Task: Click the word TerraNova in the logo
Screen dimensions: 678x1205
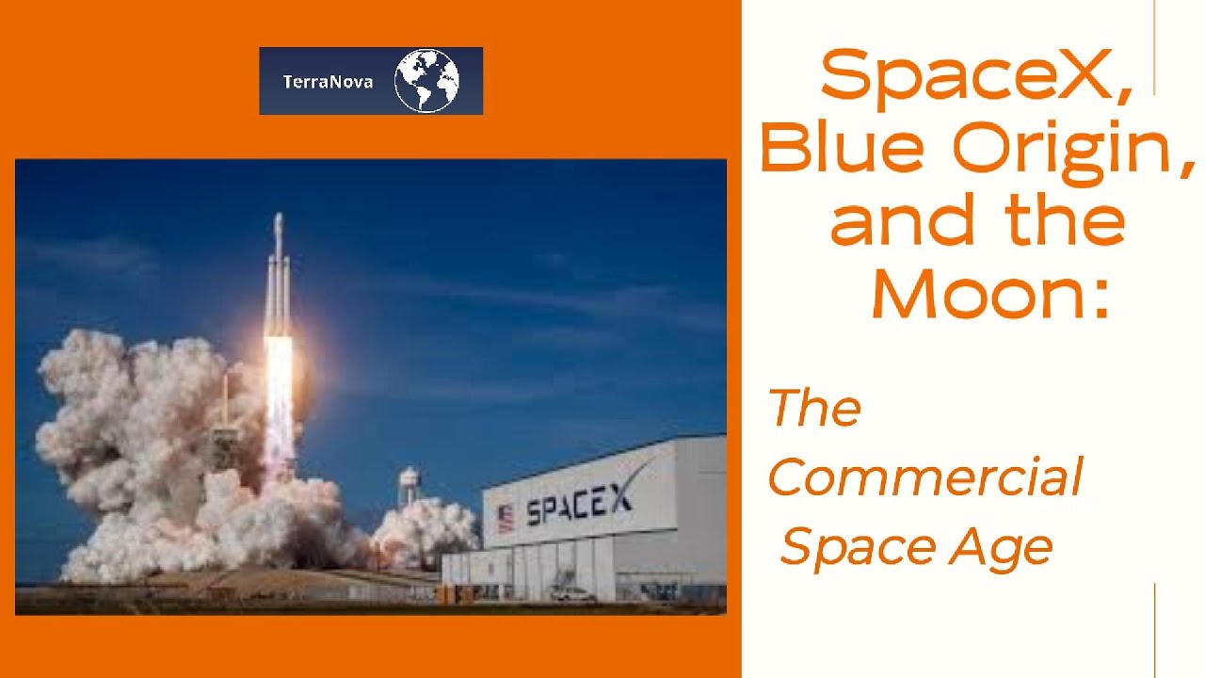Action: coord(328,82)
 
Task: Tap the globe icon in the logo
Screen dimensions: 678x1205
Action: coord(426,81)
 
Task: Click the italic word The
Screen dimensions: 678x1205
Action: coord(814,408)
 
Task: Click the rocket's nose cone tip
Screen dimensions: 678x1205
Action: coord(278,217)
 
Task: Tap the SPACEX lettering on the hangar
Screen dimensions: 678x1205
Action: coord(578,506)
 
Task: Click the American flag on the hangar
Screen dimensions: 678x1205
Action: coord(506,518)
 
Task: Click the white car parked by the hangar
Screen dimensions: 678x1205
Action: coord(572,594)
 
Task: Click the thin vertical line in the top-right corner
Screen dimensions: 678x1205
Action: coord(1154,47)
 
